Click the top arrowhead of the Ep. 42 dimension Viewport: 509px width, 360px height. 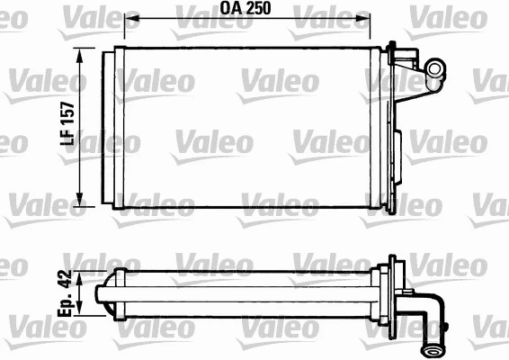[x=81, y=280]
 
